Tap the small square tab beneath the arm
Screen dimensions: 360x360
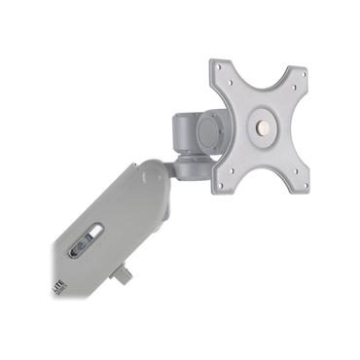coord(122,274)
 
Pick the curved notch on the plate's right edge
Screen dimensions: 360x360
coord(294,128)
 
